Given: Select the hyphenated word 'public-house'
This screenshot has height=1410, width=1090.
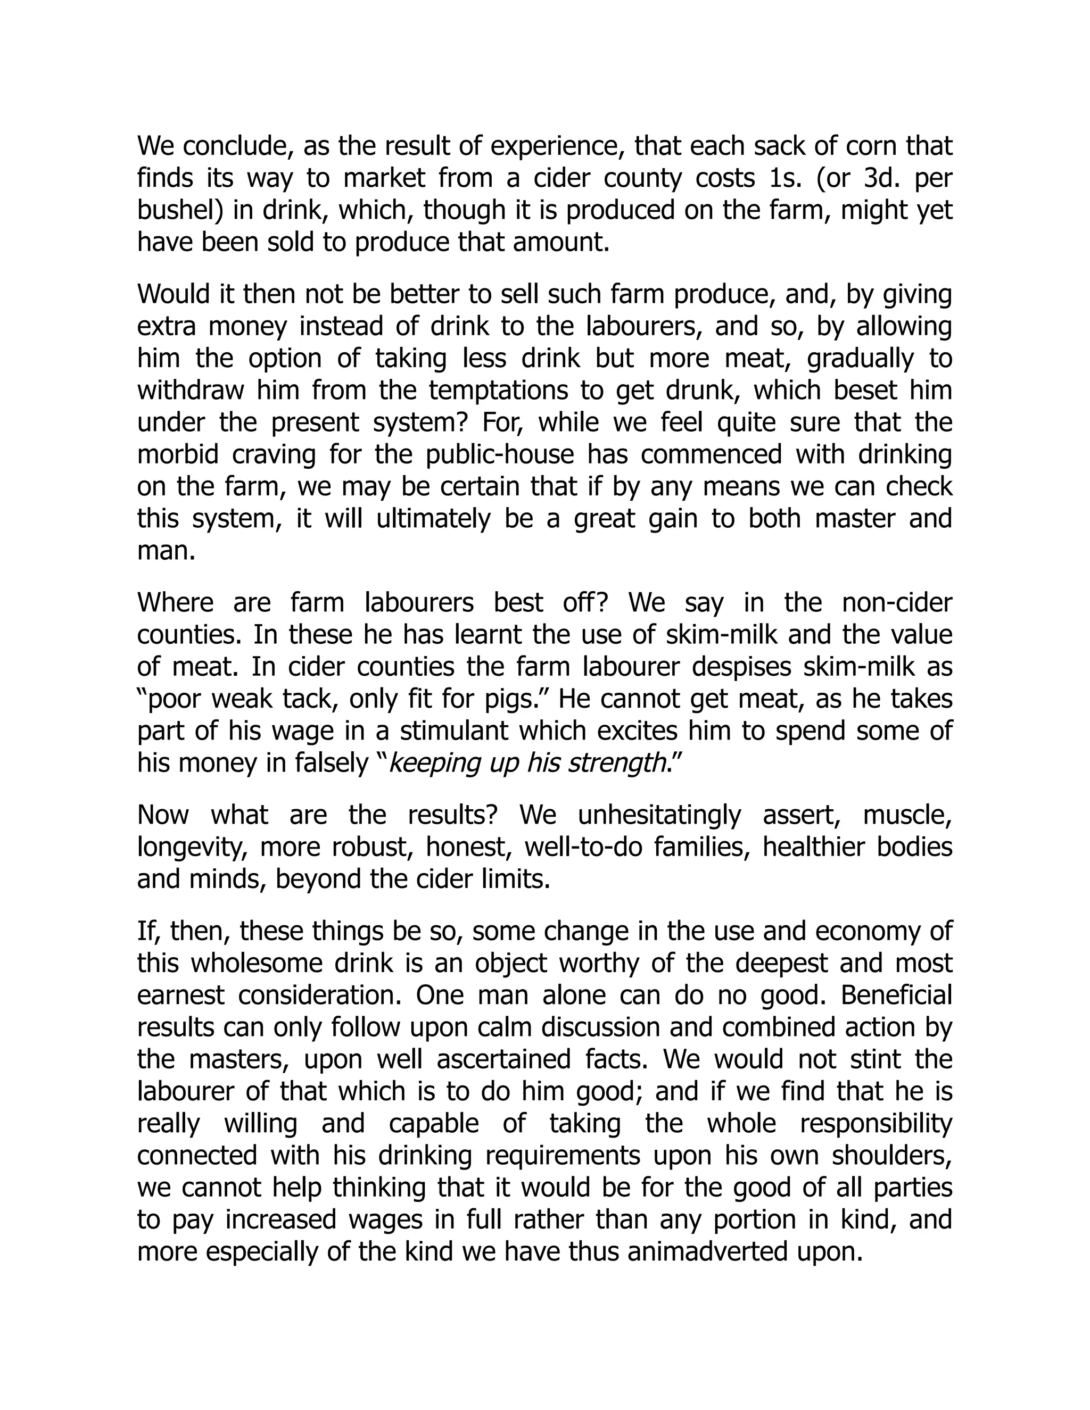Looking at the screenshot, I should pos(500,454).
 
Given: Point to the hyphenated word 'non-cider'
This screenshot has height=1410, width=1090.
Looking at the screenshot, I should pos(897,603).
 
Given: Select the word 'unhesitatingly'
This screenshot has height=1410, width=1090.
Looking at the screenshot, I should pos(659,815).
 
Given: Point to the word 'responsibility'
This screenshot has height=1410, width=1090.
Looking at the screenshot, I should pos(876,1123).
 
